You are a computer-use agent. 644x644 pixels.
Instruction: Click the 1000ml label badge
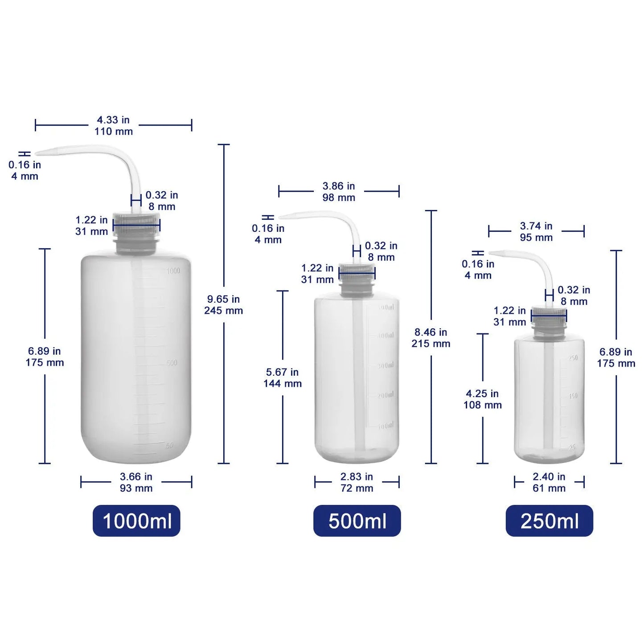tap(136, 521)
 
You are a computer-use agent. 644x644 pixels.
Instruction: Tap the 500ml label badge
tap(357, 521)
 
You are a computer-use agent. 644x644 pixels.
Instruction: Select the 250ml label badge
tap(549, 521)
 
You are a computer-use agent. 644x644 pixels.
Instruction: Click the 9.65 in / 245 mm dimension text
tap(223, 305)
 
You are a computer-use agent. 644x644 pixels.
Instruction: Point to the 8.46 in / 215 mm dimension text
tap(431, 338)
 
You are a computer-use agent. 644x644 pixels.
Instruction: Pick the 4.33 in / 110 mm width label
tap(113, 126)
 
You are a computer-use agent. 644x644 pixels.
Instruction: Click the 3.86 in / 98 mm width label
tap(339, 192)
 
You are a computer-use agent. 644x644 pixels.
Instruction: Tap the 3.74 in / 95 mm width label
tap(536, 232)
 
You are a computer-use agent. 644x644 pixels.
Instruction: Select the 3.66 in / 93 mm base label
tap(136, 482)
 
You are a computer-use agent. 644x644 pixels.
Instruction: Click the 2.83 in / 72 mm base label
tap(357, 482)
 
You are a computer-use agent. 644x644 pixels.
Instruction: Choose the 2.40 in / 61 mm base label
tap(549, 482)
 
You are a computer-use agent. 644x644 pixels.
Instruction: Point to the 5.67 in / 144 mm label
tap(283, 377)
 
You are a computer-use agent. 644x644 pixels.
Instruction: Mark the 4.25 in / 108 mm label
tap(483, 399)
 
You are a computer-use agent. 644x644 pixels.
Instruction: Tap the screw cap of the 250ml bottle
tap(549, 314)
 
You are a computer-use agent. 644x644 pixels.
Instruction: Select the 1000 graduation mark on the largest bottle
tap(173, 271)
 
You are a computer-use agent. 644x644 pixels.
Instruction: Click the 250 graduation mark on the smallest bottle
tap(573, 358)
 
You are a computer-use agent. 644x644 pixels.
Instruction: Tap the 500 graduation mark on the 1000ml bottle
tap(172, 363)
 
